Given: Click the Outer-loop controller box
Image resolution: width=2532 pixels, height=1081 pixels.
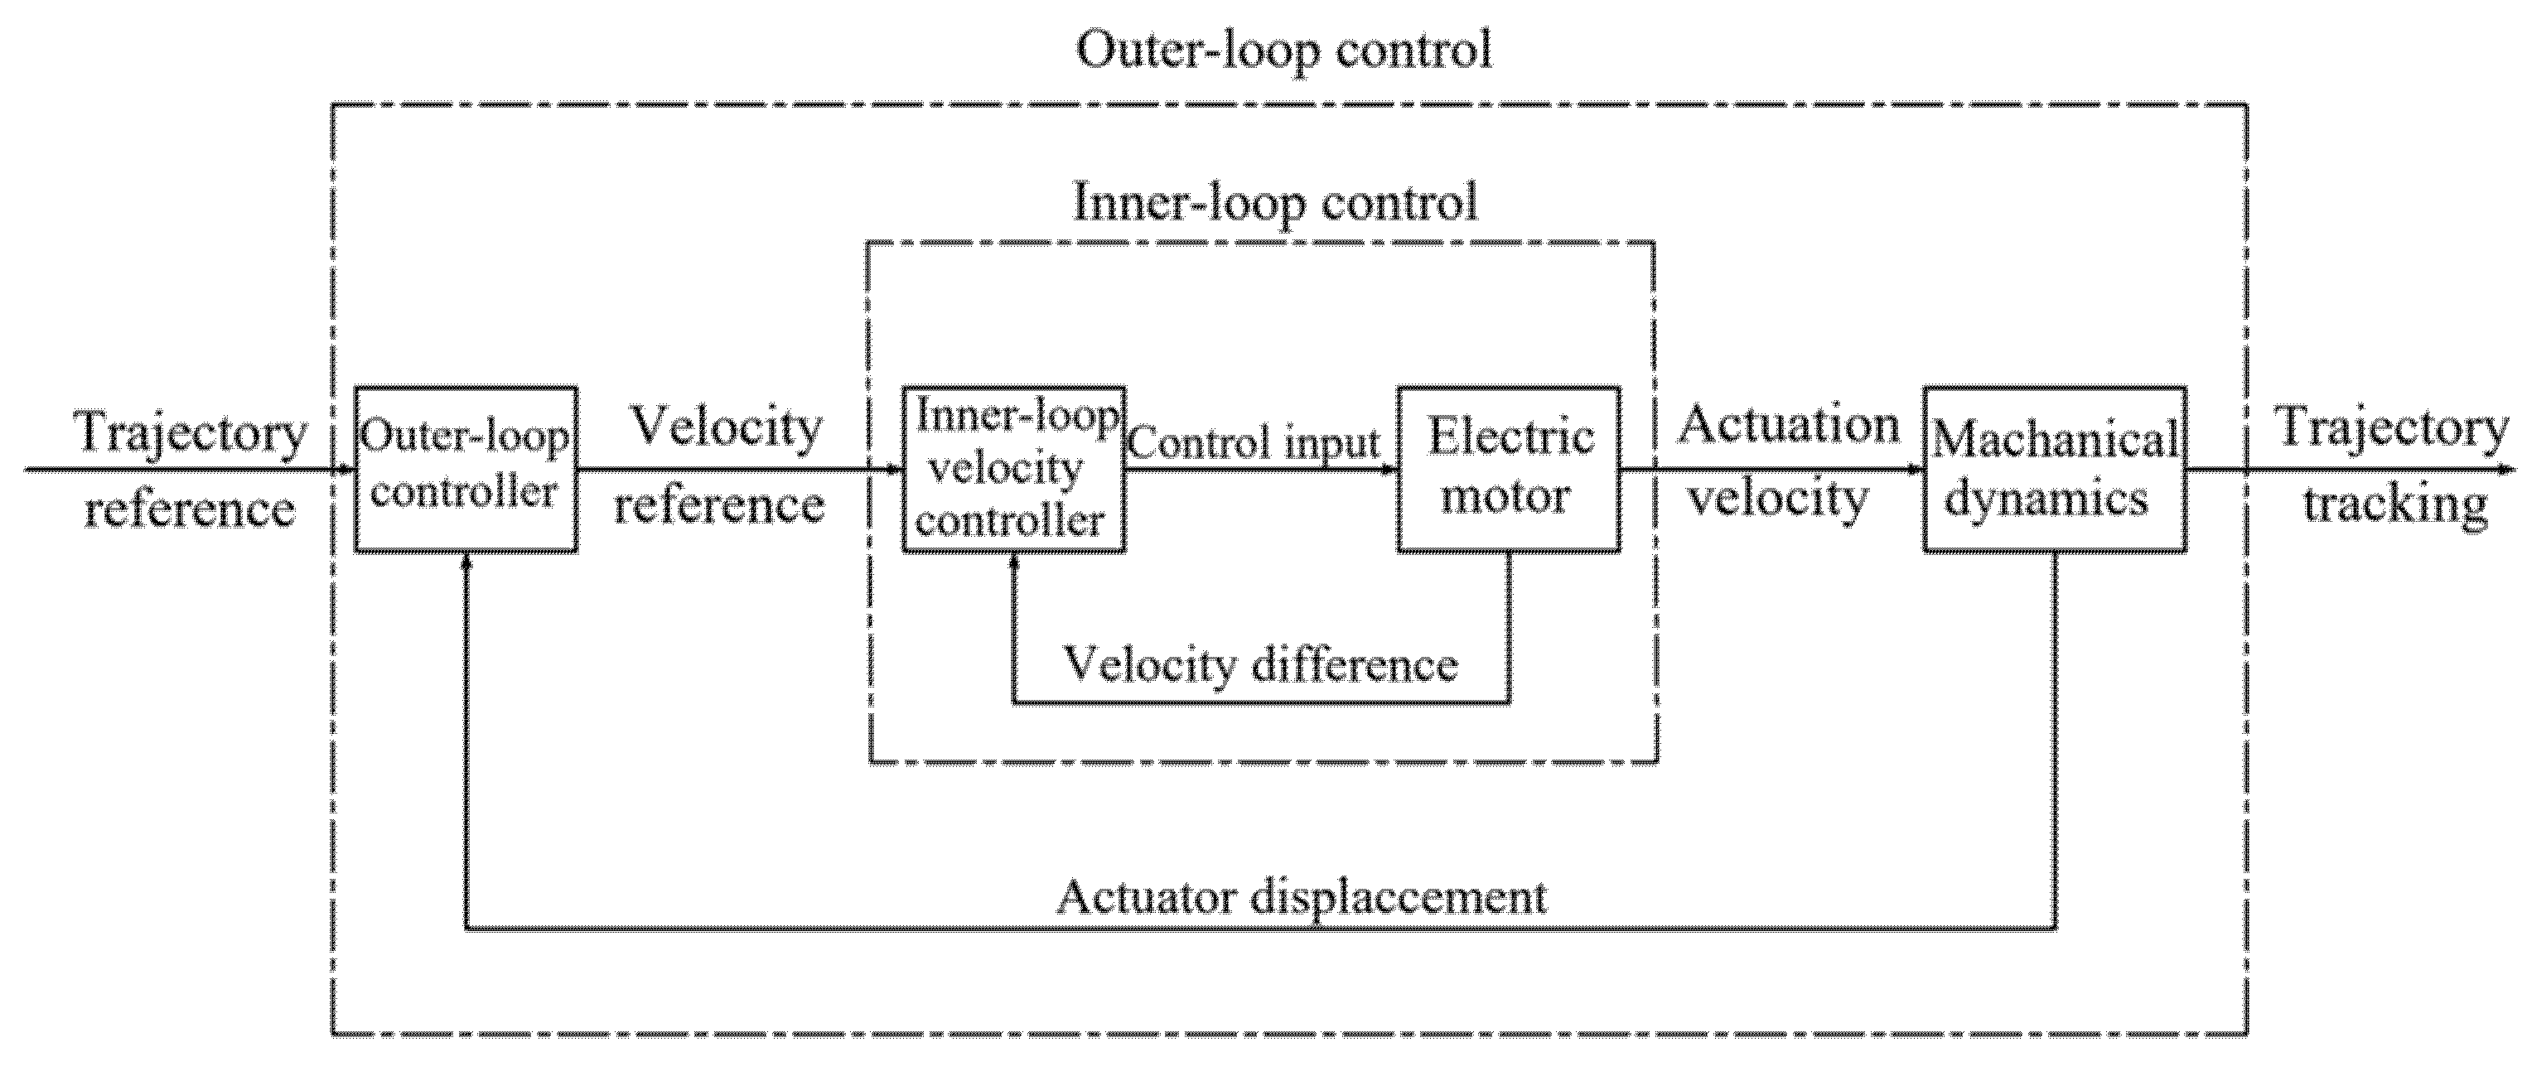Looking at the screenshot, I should pyautogui.click(x=465, y=469).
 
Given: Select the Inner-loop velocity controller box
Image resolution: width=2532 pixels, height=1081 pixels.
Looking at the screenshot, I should pyautogui.click(x=1013, y=469).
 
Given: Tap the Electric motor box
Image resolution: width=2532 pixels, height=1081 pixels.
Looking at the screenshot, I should pyautogui.click(x=1509, y=469).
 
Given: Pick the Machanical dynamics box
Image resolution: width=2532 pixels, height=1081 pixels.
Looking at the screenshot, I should pyautogui.click(x=2054, y=469).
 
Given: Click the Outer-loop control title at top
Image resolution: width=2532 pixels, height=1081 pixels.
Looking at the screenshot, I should pyautogui.click(x=1283, y=49).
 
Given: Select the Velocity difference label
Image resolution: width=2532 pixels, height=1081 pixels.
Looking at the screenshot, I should pyautogui.click(x=1261, y=664).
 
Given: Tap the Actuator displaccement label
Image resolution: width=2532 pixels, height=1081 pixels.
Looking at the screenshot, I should pyautogui.click(x=1302, y=896).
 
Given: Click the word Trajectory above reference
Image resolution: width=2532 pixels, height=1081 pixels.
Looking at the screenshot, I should pyautogui.click(x=191, y=433).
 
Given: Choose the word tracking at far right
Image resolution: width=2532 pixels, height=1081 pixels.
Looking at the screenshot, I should pyautogui.click(x=2395, y=504).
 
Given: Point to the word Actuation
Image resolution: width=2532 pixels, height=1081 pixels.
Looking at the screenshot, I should pyautogui.click(x=1788, y=426).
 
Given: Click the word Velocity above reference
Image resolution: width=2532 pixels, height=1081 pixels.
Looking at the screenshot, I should pyautogui.click(x=726, y=427).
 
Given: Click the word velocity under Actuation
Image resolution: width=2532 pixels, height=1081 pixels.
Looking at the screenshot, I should pyautogui.click(x=1778, y=497).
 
